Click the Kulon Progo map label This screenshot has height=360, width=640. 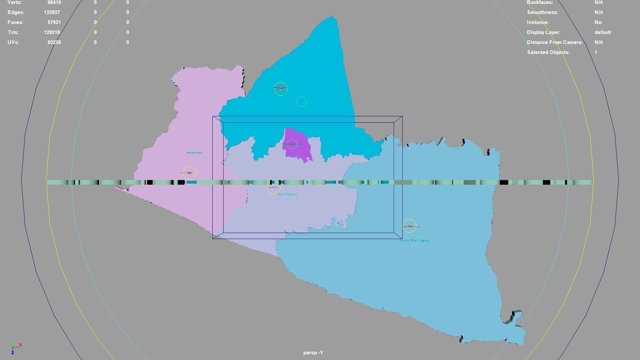click(x=194, y=153)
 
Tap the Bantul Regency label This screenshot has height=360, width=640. click(x=287, y=194)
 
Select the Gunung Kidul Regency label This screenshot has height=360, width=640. click(x=414, y=240)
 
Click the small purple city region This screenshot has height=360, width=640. click(x=296, y=145)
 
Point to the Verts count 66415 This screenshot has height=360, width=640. click(x=54, y=2)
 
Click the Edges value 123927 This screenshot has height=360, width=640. click(x=52, y=12)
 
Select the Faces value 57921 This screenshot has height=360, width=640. click(x=54, y=22)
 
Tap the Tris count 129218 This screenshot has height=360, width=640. click(x=52, y=32)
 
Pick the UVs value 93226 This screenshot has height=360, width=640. click(x=54, y=42)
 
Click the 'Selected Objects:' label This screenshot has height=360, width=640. click(x=548, y=52)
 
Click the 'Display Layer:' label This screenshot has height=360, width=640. click(x=544, y=32)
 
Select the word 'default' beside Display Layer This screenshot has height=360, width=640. click(x=603, y=32)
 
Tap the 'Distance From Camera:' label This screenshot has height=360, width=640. click(x=555, y=42)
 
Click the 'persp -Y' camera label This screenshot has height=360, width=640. click(x=313, y=353)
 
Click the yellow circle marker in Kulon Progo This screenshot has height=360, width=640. click(x=190, y=173)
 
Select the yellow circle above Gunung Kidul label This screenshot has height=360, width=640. click(x=409, y=226)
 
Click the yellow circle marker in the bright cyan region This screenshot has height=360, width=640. click(x=281, y=89)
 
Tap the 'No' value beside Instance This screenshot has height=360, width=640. click(x=598, y=22)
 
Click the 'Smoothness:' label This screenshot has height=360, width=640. click(x=542, y=12)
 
